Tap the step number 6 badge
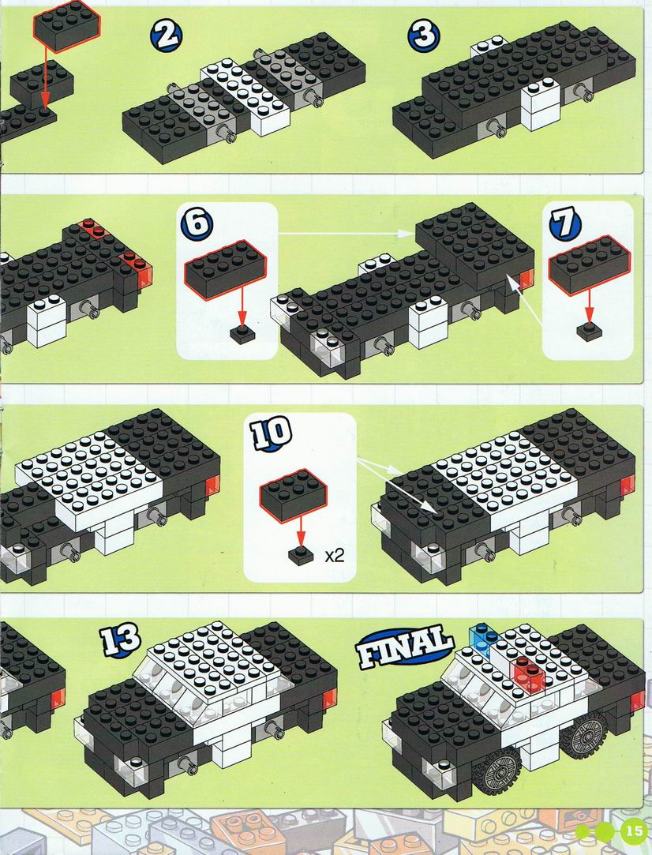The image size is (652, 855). (x=197, y=223)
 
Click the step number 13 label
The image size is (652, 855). (x=120, y=639)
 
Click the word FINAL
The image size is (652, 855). (x=404, y=647)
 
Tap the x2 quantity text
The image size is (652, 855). (x=335, y=556)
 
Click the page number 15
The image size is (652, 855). (x=634, y=831)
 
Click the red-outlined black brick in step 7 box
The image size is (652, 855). (x=590, y=265)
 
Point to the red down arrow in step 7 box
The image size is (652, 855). (x=589, y=308)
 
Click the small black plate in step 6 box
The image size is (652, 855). (x=242, y=334)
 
